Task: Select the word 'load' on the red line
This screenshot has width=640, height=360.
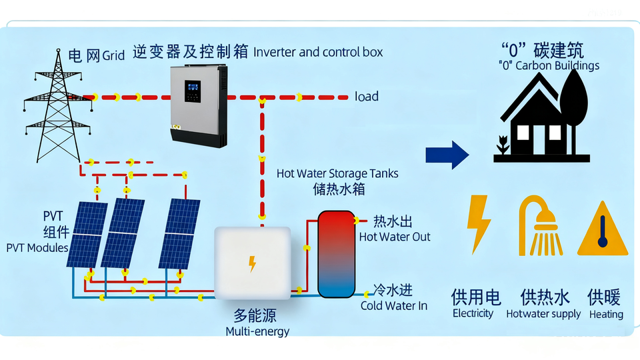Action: click(x=367, y=97)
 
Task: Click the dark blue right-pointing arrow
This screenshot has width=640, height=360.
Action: click(x=447, y=155)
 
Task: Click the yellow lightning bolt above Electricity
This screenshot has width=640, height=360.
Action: click(x=479, y=223)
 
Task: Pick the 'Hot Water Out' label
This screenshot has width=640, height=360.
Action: click(x=395, y=237)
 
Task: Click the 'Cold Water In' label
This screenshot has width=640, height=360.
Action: click(x=394, y=306)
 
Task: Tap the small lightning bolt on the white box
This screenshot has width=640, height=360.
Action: click(x=252, y=264)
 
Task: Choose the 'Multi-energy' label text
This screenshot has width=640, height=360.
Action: click(x=257, y=331)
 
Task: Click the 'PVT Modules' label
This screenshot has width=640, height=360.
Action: click(x=37, y=248)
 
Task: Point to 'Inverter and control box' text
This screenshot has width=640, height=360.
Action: click(x=319, y=52)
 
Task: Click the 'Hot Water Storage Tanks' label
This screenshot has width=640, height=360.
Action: click(x=337, y=173)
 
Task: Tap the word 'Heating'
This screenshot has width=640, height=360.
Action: click(x=606, y=314)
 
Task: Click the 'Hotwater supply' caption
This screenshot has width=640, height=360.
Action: click(x=543, y=314)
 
